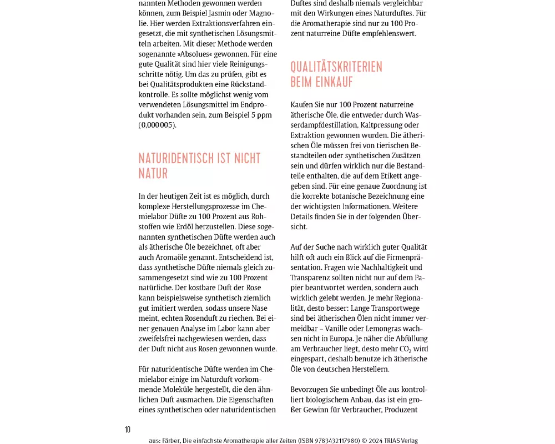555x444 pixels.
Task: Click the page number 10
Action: [128, 430]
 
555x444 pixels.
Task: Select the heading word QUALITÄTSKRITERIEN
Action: [336, 67]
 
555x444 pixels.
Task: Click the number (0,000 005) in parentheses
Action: [157, 125]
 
